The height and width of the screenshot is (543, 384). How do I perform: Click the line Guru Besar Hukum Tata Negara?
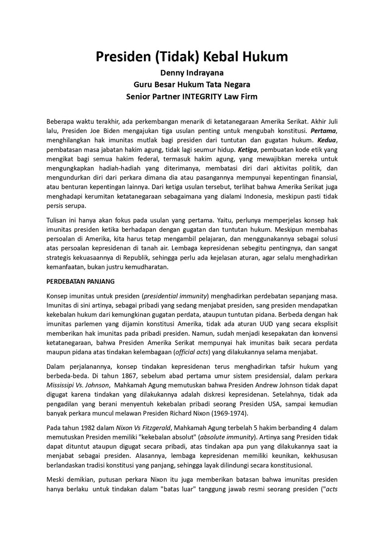[192, 84]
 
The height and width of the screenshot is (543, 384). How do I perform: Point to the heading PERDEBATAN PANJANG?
[81, 281]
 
